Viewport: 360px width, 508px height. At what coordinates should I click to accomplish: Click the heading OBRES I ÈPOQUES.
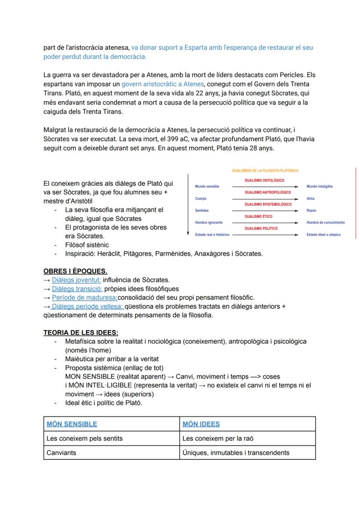[x=75, y=271]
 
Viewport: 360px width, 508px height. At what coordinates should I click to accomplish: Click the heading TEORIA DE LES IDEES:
[x=80, y=333]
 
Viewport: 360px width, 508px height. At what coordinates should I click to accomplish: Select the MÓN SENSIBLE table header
[x=72, y=424]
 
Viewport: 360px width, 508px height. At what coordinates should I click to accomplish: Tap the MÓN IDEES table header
[x=201, y=424]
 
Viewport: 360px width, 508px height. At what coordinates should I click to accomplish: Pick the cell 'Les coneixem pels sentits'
[x=84, y=438]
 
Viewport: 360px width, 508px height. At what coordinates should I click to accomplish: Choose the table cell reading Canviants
[x=61, y=453]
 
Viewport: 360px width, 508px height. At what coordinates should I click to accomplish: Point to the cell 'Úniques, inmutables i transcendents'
[x=236, y=453]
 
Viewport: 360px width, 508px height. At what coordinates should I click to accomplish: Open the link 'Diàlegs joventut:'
[x=76, y=280]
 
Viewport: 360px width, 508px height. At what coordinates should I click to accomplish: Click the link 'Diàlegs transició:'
[x=77, y=289]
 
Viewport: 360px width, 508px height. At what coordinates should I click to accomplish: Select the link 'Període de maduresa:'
[x=84, y=298]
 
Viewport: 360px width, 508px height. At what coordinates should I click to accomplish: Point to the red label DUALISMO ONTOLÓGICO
[x=264, y=180]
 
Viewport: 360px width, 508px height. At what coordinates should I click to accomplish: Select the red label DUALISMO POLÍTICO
[x=261, y=228]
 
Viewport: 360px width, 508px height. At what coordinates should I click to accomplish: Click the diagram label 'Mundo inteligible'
[x=320, y=186]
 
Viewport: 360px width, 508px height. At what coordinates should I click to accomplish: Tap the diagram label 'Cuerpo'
[x=200, y=199]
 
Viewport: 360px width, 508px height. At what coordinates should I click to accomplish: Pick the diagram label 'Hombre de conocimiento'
[x=325, y=222]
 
